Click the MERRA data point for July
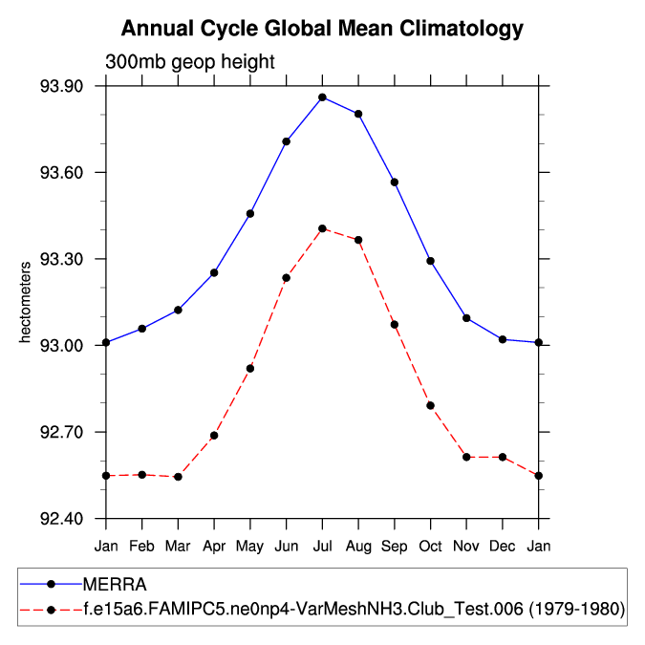tap(322, 97)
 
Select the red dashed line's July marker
tap(322, 228)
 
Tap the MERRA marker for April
tap(214, 272)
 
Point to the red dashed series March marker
tap(178, 477)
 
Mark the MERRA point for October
tap(431, 261)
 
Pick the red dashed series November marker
tap(466, 457)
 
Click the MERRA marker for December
tap(503, 339)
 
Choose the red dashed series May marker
tap(250, 368)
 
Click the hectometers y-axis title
tap(28, 301)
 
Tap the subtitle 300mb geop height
tap(189, 62)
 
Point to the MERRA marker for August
tap(358, 114)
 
